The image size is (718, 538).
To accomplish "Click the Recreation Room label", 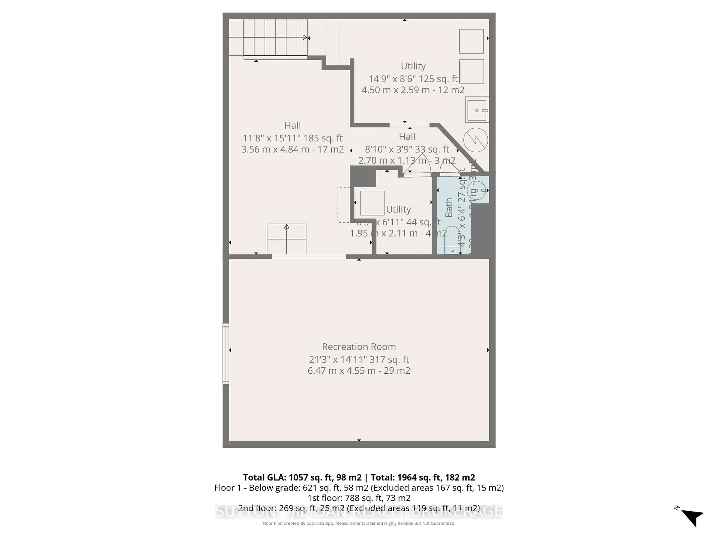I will tap(359, 347).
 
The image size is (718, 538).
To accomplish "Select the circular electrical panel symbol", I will tap(475, 140).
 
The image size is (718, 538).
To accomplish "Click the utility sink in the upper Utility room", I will tap(477, 110).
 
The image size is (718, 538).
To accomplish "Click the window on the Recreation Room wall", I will tap(226, 353).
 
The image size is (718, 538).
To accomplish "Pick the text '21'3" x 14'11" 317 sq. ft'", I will tap(359, 359).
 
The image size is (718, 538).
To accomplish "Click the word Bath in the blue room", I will tap(449, 208).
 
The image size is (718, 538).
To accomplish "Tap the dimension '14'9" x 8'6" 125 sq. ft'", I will tap(413, 79).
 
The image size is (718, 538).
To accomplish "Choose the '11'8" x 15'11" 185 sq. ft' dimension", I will tap(292, 138).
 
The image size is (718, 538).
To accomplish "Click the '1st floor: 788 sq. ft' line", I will tap(359, 498).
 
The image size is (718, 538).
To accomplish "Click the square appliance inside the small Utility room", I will tap(372, 203).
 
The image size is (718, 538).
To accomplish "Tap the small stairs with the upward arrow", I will tap(286, 239).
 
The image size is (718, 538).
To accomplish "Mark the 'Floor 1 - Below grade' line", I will tap(359, 488).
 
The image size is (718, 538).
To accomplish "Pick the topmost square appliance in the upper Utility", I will tap(471, 41).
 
